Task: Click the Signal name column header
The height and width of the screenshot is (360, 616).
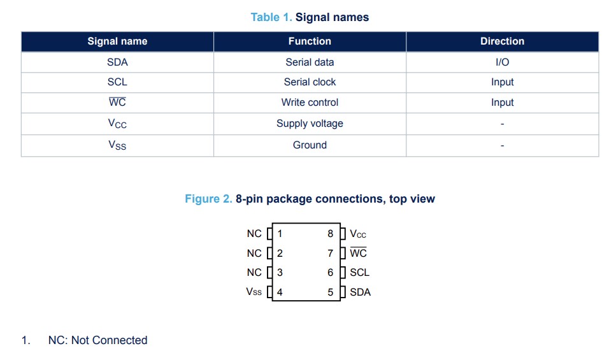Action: pyautogui.click(x=117, y=41)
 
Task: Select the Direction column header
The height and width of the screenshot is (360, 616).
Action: pyautogui.click(x=502, y=41)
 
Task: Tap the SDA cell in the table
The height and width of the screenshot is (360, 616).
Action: pyautogui.click(x=117, y=62)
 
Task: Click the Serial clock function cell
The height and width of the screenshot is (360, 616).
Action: pyautogui.click(x=310, y=82)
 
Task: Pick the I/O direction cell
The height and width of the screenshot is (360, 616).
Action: pyautogui.click(x=502, y=62)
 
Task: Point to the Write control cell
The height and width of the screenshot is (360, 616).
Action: pyautogui.click(x=310, y=103)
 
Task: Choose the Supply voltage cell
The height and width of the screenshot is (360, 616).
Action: pyautogui.click(x=310, y=124)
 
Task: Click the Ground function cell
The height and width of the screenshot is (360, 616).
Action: pyautogui.click(x=310, y=145)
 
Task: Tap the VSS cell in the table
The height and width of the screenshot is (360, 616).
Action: pyautogui.click(x=117, y=145)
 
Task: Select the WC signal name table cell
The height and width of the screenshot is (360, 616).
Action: pyautogui.click(x=117, y=102)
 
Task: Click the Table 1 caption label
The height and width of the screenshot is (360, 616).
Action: pyautogui.click(x=271, y=17)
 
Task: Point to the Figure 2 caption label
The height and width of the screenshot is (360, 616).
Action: pyautogui.click(x=208, y=199)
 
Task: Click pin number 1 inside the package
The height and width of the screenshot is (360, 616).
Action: pyautogui.click(x=280, y=234)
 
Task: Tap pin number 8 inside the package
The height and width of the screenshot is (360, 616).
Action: pyautogui.click(x=331, y=234)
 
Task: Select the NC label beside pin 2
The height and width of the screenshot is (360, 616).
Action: pyautogui.click(x=254, y=254)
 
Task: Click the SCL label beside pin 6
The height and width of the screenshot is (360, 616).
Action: pyautogui.click(x=359, y=273)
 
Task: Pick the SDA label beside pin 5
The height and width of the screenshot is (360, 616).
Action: pyautogui.click(x=361, y=292)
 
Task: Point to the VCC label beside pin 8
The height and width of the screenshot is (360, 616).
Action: pyautogui.click(x=358, y=234)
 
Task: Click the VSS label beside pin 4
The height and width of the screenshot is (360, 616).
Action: pyautogui.click(x=254, y=292)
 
